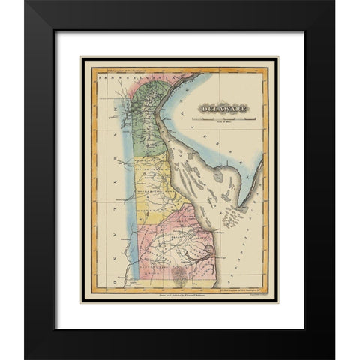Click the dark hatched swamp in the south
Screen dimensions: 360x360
tap(180, 273)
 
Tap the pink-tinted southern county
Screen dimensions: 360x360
tap(180, 240)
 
